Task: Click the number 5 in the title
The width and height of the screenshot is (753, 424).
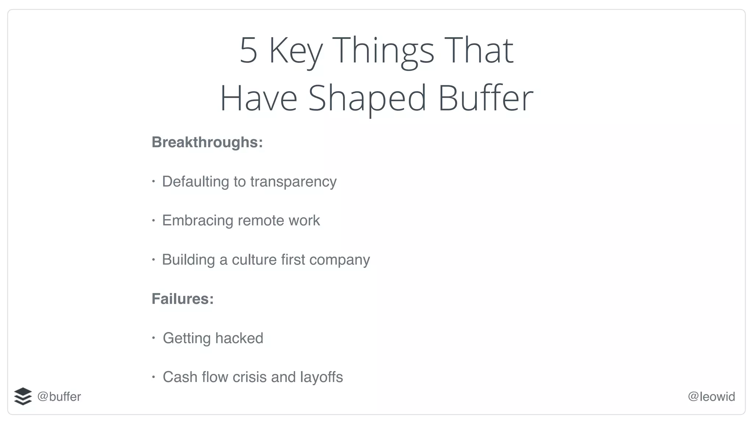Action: click(249, 50)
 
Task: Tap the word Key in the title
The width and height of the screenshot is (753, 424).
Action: click(296, 51)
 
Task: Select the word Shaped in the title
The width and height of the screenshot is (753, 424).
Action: click(367, 98)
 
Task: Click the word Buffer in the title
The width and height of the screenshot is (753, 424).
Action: click(485, 98)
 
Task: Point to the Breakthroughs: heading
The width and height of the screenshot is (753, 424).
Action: click(207, 142)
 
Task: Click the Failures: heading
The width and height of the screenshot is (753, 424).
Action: click(183, 299)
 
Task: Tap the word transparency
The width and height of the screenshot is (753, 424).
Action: click(293, 182)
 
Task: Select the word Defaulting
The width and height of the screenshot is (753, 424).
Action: click(196, 182)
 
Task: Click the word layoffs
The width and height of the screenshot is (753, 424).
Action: click(321, 377)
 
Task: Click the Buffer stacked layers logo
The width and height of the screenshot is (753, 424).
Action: click(23, 396)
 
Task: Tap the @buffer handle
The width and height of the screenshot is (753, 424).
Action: click(59, 397)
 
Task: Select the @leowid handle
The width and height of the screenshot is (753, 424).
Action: click(711, 397)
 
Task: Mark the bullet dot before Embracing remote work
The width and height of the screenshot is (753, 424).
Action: click(154, 220)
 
